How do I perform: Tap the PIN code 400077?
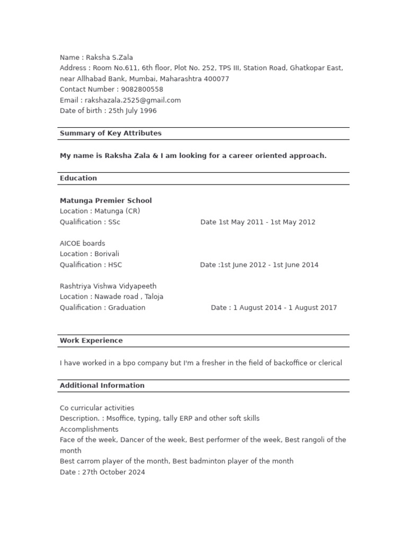[x=218, y=78]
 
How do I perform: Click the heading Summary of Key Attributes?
[x=111, y=133]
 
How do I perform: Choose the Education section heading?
[x=78, y=178]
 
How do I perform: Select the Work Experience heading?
[x=91, y=340]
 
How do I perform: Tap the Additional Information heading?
[x=102, y=386]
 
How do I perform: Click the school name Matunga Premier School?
[x=106, y=200]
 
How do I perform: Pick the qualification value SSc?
[x=114, y=222]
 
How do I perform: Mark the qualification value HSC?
[x=115, y=265]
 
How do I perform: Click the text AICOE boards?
[x=83, y=243]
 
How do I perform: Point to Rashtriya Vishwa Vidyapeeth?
[x=108, y=286]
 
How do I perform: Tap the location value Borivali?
[x=107, y=254]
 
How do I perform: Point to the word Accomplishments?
[x=89, y=429]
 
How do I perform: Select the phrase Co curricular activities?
[x=97, y=408]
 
